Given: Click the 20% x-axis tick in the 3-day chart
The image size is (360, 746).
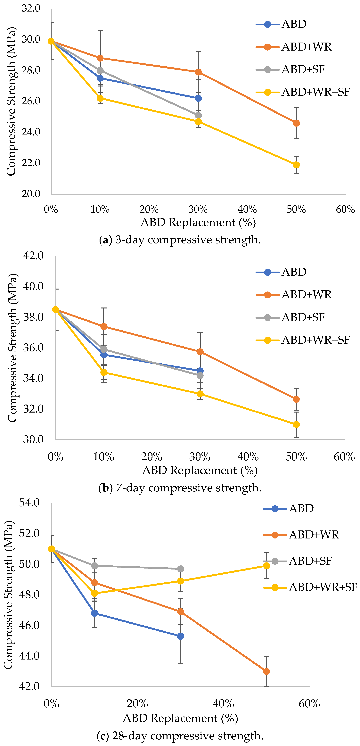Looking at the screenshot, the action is click(x=149, y=209).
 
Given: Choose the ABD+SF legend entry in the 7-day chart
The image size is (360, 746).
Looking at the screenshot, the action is click(x=290, y=317).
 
